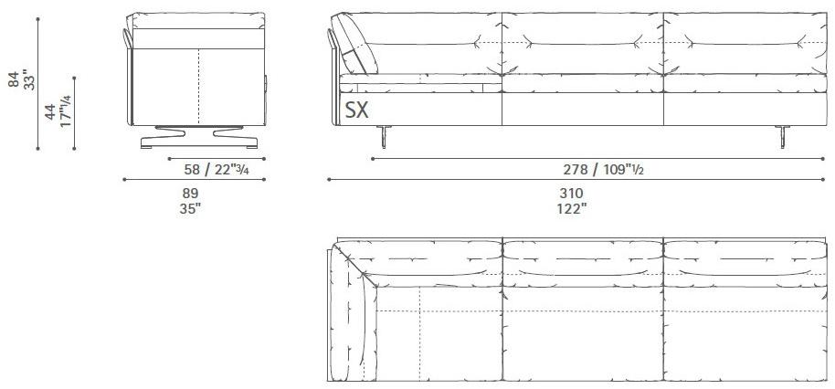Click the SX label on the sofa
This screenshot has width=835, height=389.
coord(356,111)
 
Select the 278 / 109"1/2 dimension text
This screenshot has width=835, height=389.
coord(598,170)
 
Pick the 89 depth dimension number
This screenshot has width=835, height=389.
coord(190,193)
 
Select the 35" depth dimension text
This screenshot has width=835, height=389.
coord(190,208)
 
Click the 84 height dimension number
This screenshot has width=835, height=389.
coord(14,81)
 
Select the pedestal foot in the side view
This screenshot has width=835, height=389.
coord(198,136)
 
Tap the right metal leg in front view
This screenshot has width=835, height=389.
coord(782,135)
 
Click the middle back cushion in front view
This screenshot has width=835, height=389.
coord(582,44)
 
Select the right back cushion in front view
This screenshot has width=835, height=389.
coord(742,44)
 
